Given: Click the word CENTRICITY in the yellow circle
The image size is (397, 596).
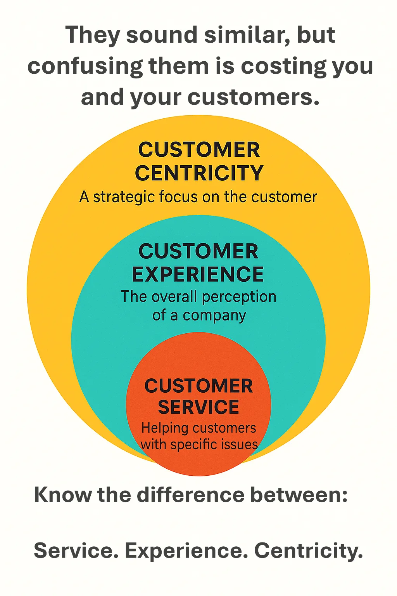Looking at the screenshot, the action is [x=199, y=173].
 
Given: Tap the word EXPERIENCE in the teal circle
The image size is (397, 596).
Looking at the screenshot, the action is [x=198, y=274].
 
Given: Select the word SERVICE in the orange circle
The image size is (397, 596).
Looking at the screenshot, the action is [x=198, y=407].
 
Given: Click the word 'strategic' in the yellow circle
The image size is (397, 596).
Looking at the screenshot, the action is [x=124, y=198].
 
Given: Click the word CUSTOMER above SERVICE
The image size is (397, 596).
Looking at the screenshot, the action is [x=198, y=386].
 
